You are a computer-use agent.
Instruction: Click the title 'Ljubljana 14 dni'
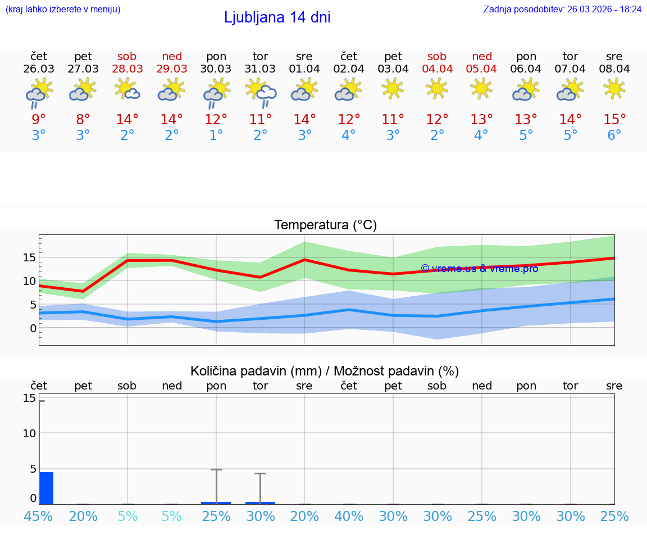point(277,17)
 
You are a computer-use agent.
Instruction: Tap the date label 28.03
point(127,69)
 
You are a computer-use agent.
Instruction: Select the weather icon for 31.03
point(261,92)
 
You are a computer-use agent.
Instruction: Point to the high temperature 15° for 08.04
point(614,120)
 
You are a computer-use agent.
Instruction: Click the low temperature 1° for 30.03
point(216,135)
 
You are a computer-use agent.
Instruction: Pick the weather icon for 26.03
point(39,92)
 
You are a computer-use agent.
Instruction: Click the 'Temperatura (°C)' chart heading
point(325,225)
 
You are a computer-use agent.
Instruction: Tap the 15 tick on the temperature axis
point(29,257)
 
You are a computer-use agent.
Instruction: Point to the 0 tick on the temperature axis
point(33,328)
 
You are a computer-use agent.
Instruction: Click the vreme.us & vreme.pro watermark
point(479,269)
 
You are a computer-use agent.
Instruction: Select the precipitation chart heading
point(325,371)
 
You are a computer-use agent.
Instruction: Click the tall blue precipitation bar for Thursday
point(46,488)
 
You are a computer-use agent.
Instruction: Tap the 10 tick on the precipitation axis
point(29,433)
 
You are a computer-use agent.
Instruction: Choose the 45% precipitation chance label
point(39,516)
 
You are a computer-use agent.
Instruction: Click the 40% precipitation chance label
point(349,516)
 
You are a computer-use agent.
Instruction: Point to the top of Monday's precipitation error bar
point(216,469)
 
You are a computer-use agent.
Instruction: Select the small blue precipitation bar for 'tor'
point(260,502)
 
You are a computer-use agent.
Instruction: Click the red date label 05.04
point(481,69)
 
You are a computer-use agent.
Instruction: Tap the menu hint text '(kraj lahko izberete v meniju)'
point(63,10)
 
